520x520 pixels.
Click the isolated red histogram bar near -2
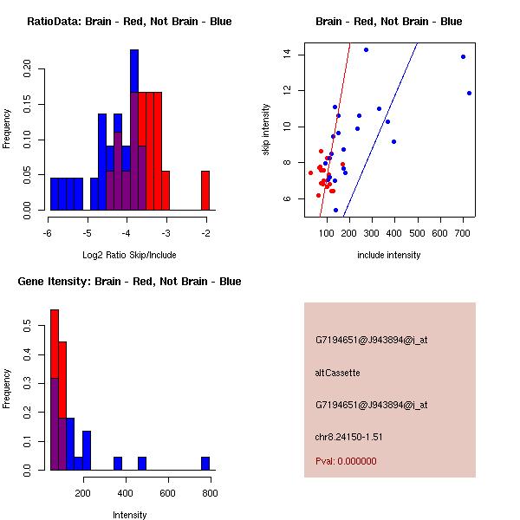(205, 191)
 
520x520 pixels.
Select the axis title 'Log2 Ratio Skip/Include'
(128, 255)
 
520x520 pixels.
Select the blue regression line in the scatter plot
(381, 130)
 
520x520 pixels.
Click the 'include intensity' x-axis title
(388, 255)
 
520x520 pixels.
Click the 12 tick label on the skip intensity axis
(285, 90)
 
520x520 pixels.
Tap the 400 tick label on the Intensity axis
(126, 493)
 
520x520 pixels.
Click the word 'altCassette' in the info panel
(337, 373)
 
